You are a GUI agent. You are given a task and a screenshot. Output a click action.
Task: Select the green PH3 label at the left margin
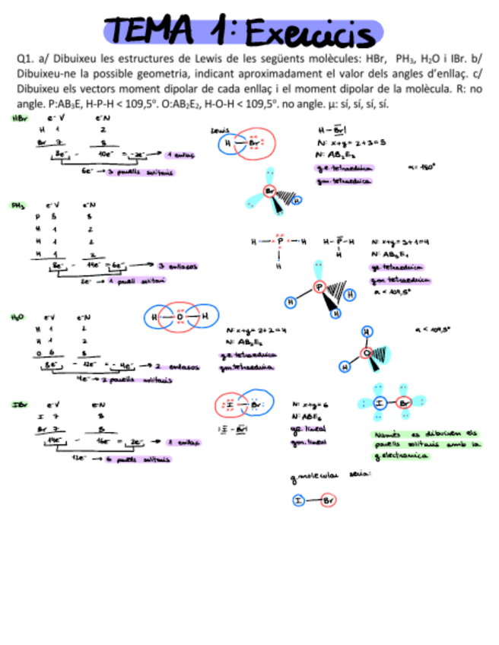pos(18,205)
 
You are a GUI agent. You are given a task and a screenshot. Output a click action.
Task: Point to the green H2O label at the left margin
pos(18,316)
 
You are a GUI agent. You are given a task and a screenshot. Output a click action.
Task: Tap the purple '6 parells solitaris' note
pos(142,459)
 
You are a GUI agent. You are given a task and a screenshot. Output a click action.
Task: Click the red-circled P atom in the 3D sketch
pos(319,288)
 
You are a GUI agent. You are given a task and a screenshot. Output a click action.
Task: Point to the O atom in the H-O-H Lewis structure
pos(180,316)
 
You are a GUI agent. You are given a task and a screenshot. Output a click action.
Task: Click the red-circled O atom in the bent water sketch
pos(367,353)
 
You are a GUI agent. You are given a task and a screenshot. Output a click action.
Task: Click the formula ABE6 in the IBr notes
pos(303,417)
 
